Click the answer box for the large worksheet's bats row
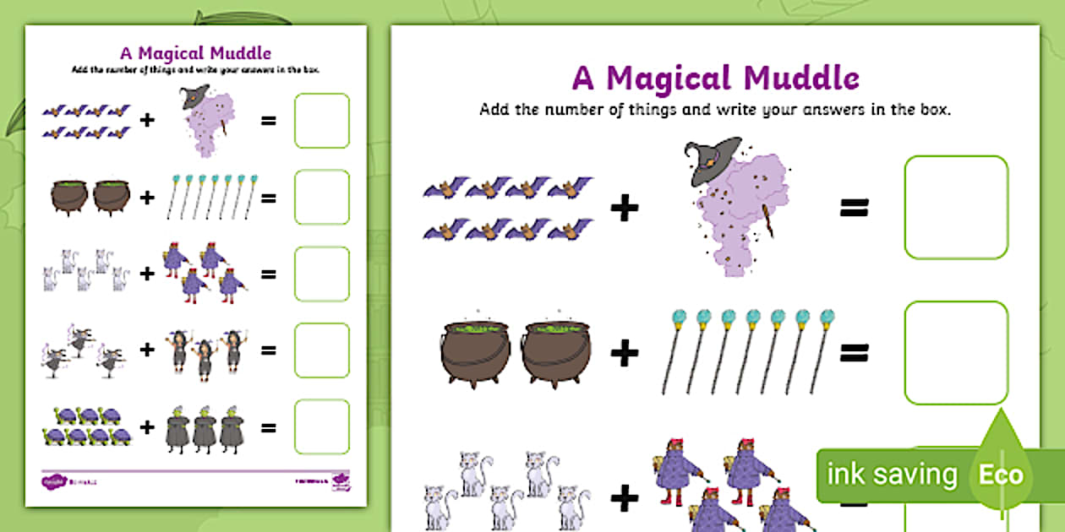[956, 207]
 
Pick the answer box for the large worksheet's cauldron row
[956, 352]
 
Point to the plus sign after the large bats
[625, 208]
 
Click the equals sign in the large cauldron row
[854, 354]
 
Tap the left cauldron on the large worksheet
[476, 354]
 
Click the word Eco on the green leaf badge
[1001, 475]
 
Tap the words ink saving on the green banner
[892, 475]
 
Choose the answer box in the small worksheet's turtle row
[321, 426]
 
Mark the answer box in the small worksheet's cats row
[321, 274]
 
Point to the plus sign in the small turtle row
[148, 427]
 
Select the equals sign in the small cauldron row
[269, 198]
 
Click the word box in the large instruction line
[935, 110]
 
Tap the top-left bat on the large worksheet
[445, 187]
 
